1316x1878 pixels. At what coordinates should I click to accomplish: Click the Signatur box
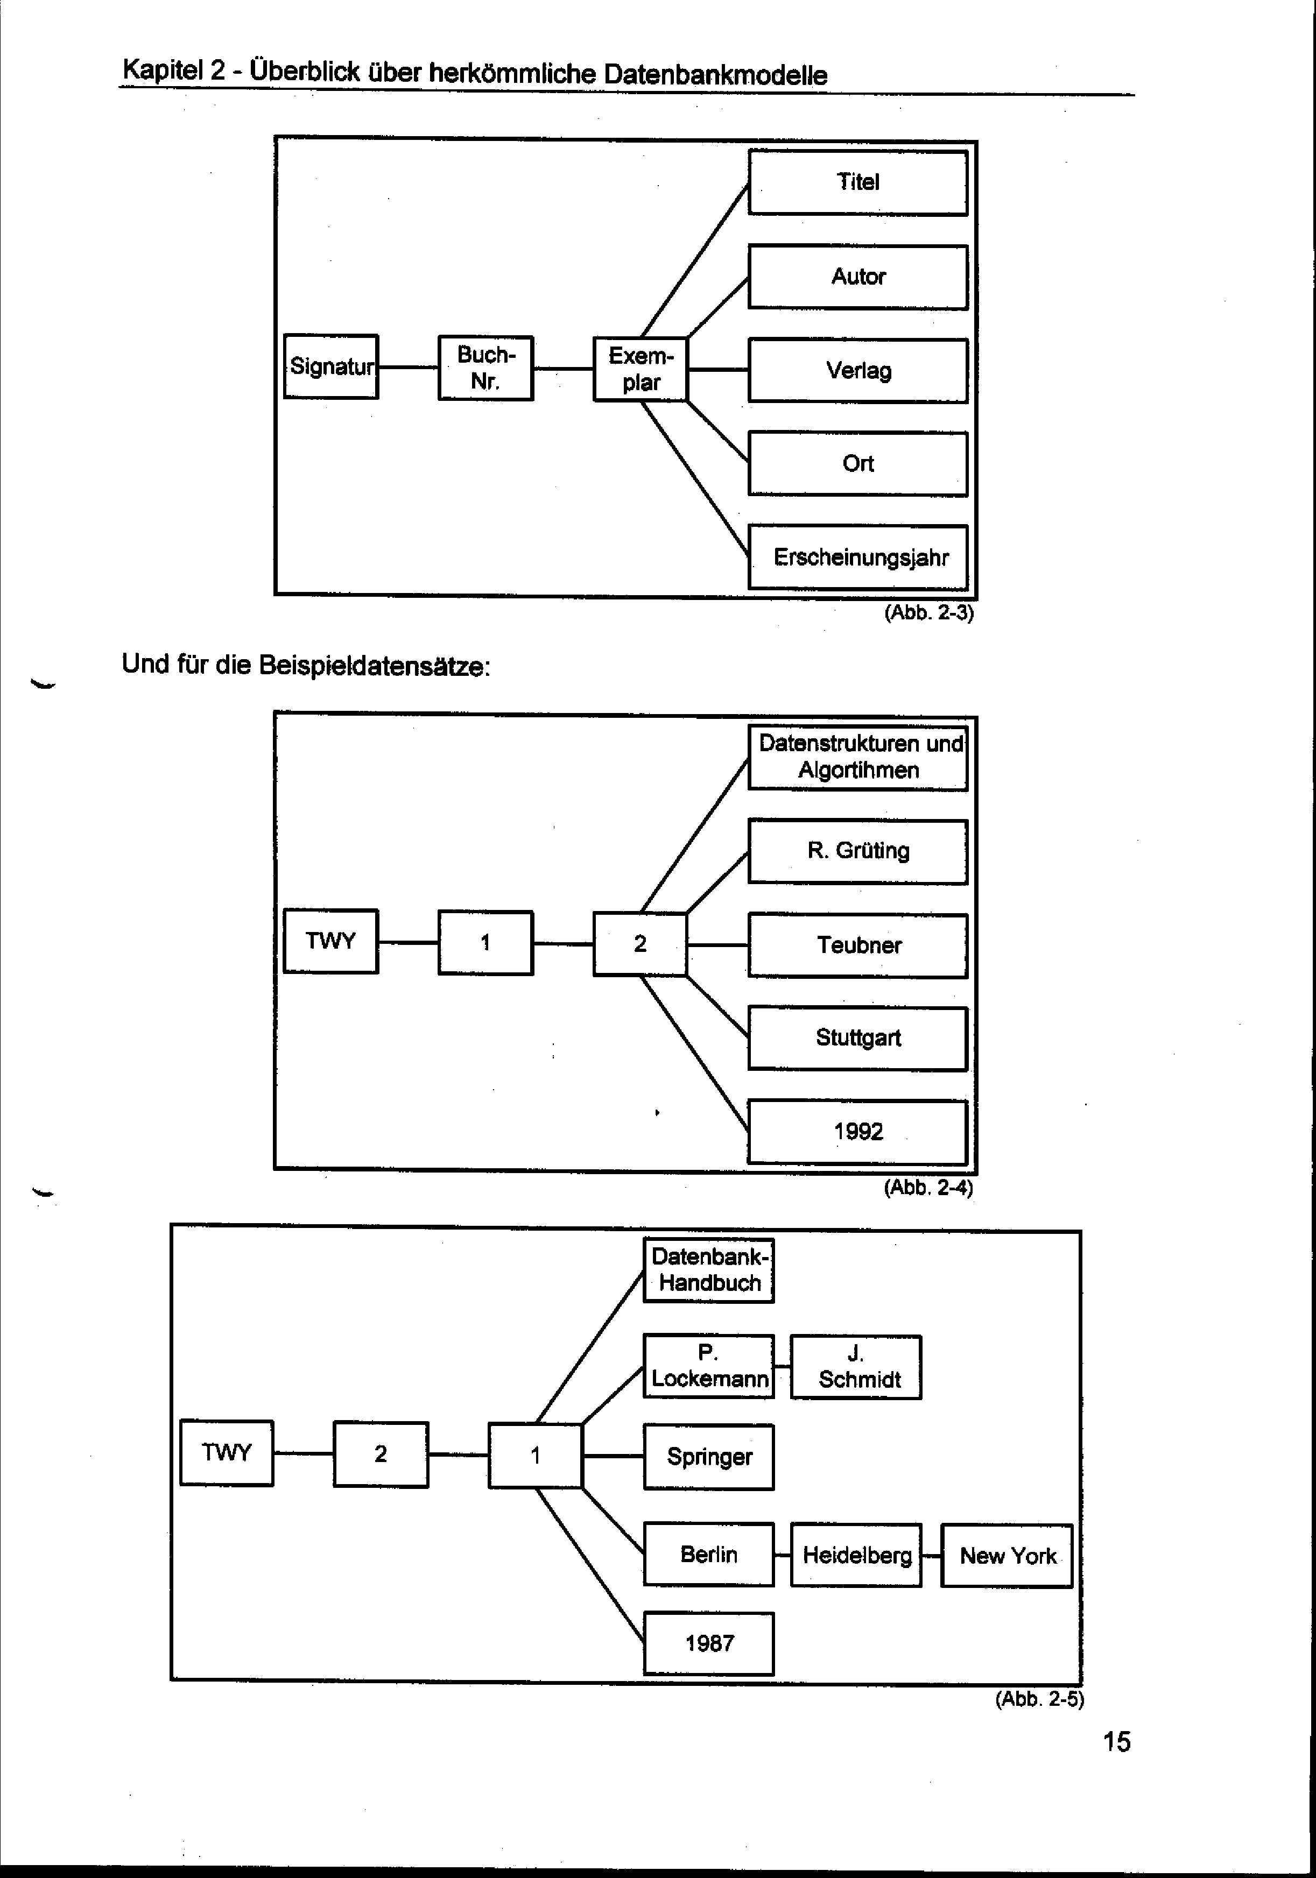click(331, 366)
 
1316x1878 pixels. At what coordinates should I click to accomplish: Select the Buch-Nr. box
click(486, 368)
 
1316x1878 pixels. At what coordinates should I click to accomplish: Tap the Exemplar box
click(641, 370)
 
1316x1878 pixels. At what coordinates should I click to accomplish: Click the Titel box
click(858, 182)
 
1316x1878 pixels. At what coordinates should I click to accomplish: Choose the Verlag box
click(858, 371)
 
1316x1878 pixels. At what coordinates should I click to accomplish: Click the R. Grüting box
click(858, 851)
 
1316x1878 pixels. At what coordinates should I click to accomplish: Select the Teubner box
click(858, 945)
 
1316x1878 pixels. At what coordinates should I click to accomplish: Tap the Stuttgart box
click(858, 1038)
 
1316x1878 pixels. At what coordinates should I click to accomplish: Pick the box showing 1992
click(858, 1132)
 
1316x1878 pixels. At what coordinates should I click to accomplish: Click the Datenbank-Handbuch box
click(709, 1270)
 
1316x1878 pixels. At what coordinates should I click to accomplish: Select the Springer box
click(709, 1457)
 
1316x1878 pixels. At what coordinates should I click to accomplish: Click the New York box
click(1007, 1556)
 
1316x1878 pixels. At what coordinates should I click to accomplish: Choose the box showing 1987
click(709, 1643)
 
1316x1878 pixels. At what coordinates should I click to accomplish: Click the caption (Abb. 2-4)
click(928, 1188)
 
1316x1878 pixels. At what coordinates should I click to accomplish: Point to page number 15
click(1116, 1742)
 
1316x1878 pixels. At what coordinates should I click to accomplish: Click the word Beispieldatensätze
click(374, 666)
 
